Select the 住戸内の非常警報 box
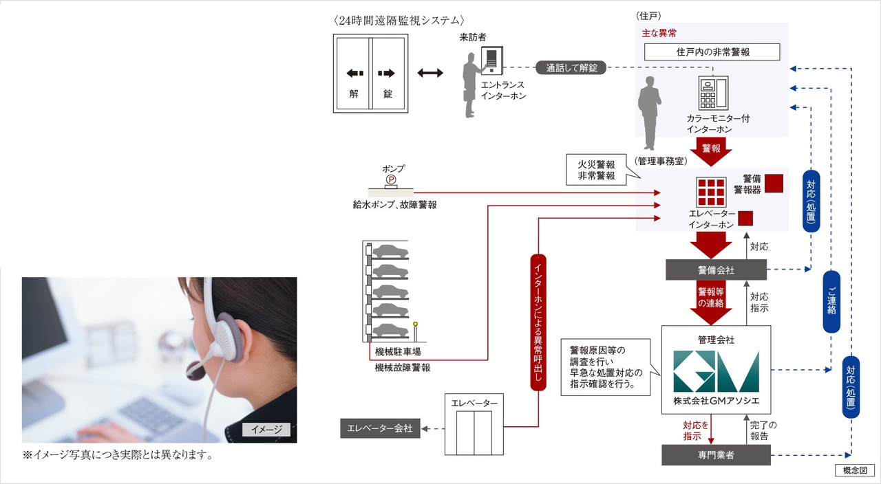(x=712, y=52)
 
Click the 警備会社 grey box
(x=716, y=270)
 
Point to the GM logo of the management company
(x=716, y=372)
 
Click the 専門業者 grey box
(x=716, y=454)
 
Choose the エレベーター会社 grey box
(x=380, y=428)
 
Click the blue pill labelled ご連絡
(x=831, y=302)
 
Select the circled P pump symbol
(x=390, y=179)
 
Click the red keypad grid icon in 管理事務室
(x=710, y=192)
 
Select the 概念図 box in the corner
(x=854, y=471)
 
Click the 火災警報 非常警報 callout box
(x=596, y=170)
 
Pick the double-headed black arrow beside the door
(x=429, y=73)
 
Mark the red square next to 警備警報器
(x=774, y=183)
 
